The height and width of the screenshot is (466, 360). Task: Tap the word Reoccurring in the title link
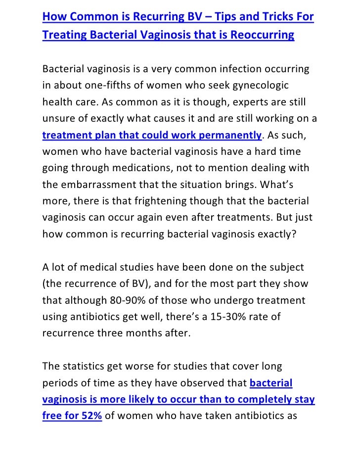262,36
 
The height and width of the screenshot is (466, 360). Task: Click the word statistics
88,367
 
